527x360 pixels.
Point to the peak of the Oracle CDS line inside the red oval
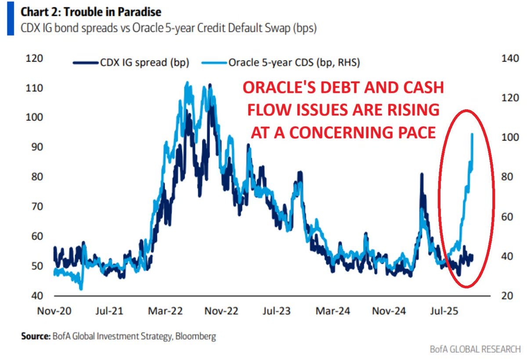(472, 134)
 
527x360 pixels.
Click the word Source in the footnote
(35, 337)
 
